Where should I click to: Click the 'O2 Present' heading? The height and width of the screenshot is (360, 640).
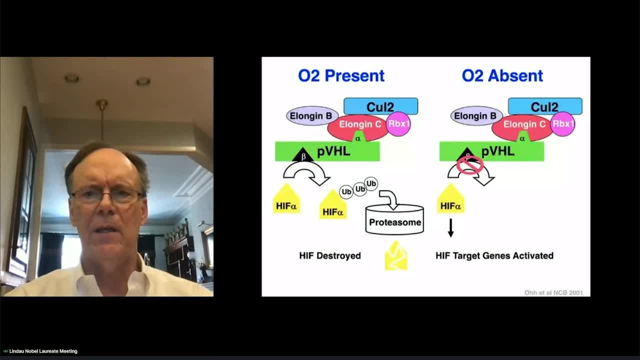tap(341, 75)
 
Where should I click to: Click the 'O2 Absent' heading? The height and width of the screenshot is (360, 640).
tap(502, 75)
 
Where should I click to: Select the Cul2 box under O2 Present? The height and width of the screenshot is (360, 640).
tap(380, 106)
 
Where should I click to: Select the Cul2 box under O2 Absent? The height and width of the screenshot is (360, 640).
tap(545, 106)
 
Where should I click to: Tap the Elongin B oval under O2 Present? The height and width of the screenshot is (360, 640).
tap(310, 116)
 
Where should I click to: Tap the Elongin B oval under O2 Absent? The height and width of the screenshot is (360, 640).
tap(475, 116)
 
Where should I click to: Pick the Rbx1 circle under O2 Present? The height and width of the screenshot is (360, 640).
tap(398, 124)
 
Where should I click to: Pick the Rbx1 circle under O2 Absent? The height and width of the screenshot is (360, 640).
tap(562, 124)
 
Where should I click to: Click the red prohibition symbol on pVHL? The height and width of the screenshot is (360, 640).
tap(470, 164)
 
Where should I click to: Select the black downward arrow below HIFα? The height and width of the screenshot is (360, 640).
tap(450, 228)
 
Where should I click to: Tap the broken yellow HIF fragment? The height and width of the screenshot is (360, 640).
tap(395, 256)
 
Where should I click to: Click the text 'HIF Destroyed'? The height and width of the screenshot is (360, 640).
tap(330, 255)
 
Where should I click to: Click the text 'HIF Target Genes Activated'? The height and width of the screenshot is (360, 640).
tap(494, 255)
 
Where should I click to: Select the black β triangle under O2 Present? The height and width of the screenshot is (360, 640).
tap(302, 155)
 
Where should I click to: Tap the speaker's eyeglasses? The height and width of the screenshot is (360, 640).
tap(107, 195)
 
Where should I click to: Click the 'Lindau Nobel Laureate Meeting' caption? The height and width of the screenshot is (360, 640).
tap(43, 351)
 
